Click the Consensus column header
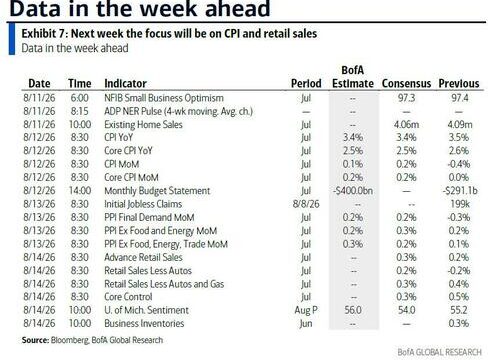[x=406, y=83]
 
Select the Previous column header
[x=459, y=83]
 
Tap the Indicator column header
[x=125, y=83]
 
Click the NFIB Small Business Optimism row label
[x=164, y=98]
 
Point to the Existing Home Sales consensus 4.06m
[x=406, y=124]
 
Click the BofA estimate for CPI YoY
[x=353, y=137]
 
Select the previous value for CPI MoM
[x=459, y=164]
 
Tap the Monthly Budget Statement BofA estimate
[x=353, y=191]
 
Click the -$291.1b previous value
[x=460, y=191]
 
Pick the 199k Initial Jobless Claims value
[x=459, y=204]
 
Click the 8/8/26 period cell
[x=306, y=204]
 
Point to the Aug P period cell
[x=306, y=310]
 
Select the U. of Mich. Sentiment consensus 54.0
[x=406, y=310]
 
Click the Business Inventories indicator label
[x=144, y=323]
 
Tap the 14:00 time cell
[x=80, y=191]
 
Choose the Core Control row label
[x=128, y=297]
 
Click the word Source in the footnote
[x=35, y=340]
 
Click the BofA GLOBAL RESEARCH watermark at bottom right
[x=439, y=352]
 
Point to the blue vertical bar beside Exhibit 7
[x=12, y=39]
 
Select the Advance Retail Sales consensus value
[x=406, y=257]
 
